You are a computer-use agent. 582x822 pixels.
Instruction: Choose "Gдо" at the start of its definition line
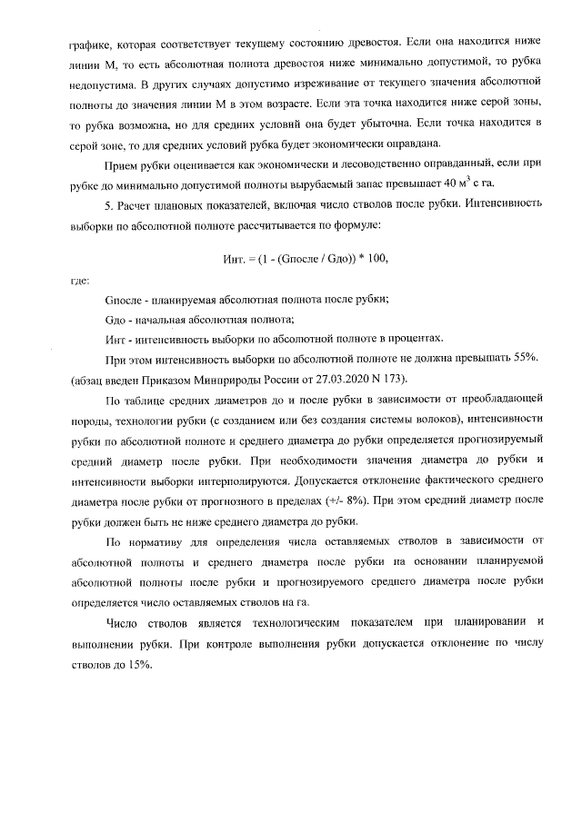coord(117,320)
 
